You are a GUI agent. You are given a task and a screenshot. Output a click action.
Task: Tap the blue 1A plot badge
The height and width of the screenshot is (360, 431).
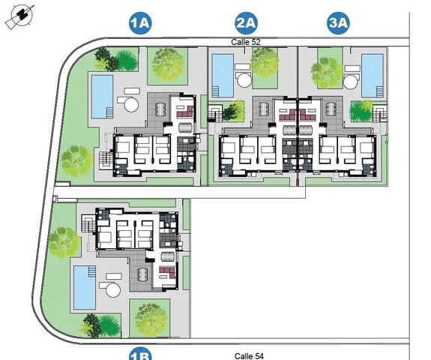[140, 24]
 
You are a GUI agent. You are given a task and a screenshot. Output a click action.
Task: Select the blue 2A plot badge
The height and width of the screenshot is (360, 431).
[246, 24]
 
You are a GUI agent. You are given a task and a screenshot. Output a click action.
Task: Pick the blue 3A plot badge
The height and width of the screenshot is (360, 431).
[339, 24]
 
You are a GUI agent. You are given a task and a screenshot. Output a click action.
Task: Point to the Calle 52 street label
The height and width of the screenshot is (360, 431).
[246, 42]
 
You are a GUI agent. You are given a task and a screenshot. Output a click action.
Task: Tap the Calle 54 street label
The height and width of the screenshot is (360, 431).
[248, 355]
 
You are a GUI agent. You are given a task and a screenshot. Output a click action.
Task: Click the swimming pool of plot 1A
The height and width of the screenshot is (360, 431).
[101, 95]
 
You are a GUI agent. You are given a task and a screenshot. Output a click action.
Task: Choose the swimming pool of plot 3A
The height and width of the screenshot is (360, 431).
[372, 73]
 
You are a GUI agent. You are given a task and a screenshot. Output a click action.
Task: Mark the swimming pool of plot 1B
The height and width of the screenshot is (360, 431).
[84, 287]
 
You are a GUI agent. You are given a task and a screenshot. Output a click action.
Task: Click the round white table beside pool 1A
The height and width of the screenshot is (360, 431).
[130, 103]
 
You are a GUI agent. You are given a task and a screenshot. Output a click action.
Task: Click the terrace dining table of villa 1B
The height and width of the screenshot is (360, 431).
[140, 274]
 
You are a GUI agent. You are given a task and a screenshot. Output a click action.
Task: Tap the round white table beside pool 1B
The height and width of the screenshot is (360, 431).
[112, 290]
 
